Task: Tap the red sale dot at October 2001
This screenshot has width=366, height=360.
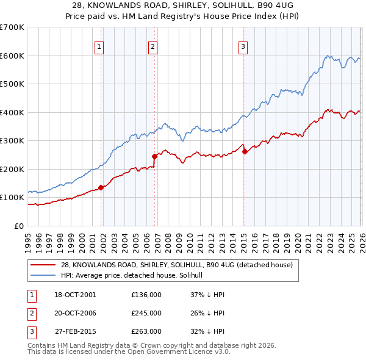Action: pos(101,187)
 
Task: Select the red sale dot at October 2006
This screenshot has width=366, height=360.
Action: pos(155,156)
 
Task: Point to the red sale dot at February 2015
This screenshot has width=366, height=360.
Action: pos(245,151)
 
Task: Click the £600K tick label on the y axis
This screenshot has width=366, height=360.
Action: pos(12,56)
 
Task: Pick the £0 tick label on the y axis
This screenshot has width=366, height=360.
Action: pos(19,226)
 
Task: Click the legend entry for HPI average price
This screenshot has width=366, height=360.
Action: pos(135,276)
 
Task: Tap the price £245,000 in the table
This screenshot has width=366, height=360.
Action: pos(146,313)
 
